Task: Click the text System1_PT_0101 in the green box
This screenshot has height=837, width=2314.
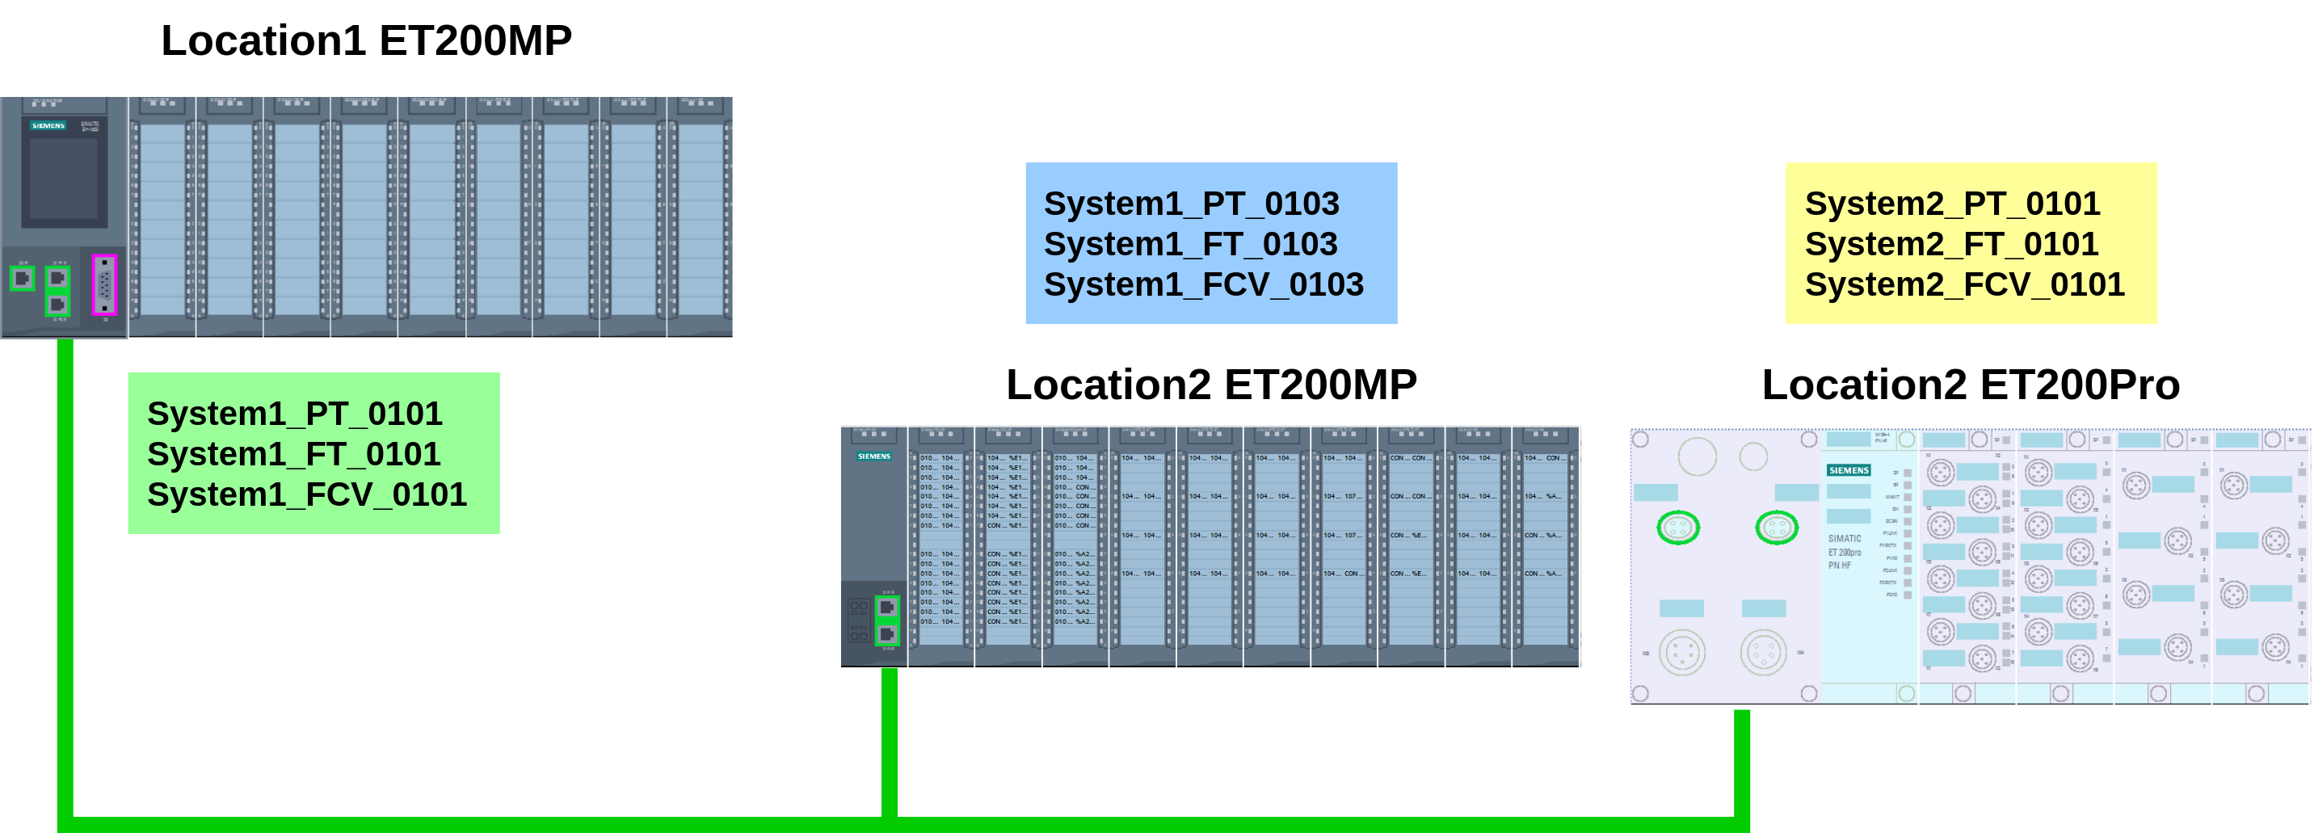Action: tap(295, 414)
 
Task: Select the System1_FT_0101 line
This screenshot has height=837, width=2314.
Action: tap(294, 454)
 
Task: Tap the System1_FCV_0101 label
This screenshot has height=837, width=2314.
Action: tap(306, 494)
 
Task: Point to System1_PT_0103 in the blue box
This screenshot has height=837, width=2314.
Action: tap(1191, 204)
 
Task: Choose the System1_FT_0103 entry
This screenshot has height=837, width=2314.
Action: tap(1190, 244)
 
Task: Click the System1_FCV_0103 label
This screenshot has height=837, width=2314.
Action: tap(1203, 284)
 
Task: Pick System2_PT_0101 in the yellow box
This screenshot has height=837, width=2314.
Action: tap(1952, 204)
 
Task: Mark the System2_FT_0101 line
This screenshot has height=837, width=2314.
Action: tap(1951, 244)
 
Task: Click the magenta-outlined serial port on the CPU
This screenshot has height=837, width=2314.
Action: tap(104, 285)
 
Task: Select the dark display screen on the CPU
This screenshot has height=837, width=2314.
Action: tap(64, 179)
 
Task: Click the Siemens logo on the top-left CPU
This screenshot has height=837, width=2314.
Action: tap(48, 126)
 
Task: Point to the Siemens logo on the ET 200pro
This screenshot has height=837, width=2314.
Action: tap(1848, 470)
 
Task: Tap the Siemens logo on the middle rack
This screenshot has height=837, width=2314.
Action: tap(873, 456)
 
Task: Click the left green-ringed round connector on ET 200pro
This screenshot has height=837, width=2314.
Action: tap(1677, 528)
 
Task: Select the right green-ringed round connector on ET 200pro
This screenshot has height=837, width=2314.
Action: tap(1776, 528)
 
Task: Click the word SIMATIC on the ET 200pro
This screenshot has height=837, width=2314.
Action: tap(1845, 539)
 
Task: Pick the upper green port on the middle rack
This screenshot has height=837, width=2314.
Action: tap(886, 608)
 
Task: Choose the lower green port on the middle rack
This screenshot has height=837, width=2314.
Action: tap(886, 635)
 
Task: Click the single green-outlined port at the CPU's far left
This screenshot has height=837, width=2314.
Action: tap(23, 279)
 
